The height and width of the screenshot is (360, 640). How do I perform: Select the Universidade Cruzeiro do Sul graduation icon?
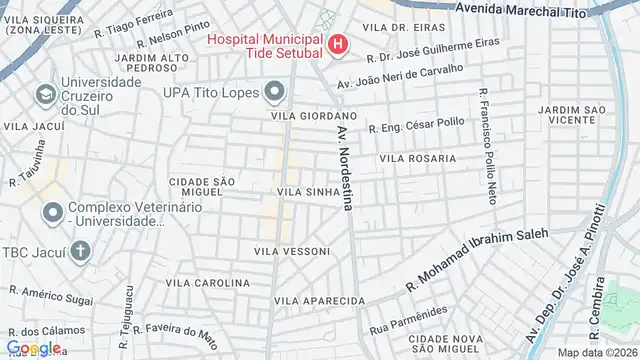[x=45, y=95]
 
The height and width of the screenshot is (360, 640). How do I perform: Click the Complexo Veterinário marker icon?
[x=52, y=212]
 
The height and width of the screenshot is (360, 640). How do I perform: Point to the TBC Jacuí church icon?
[x=79, y=250]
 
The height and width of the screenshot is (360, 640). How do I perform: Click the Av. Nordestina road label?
[x=345, y=168]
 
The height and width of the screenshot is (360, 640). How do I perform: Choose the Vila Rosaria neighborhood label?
[x=417, y=158]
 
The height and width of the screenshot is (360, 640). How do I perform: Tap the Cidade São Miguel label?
[x=201, y=185]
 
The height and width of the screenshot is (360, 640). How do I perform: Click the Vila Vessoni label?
[x=290, y=250]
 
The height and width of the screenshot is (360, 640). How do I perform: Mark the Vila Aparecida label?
[x=319, y=300]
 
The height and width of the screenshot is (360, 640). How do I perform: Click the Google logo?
[x=32, y=347]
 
